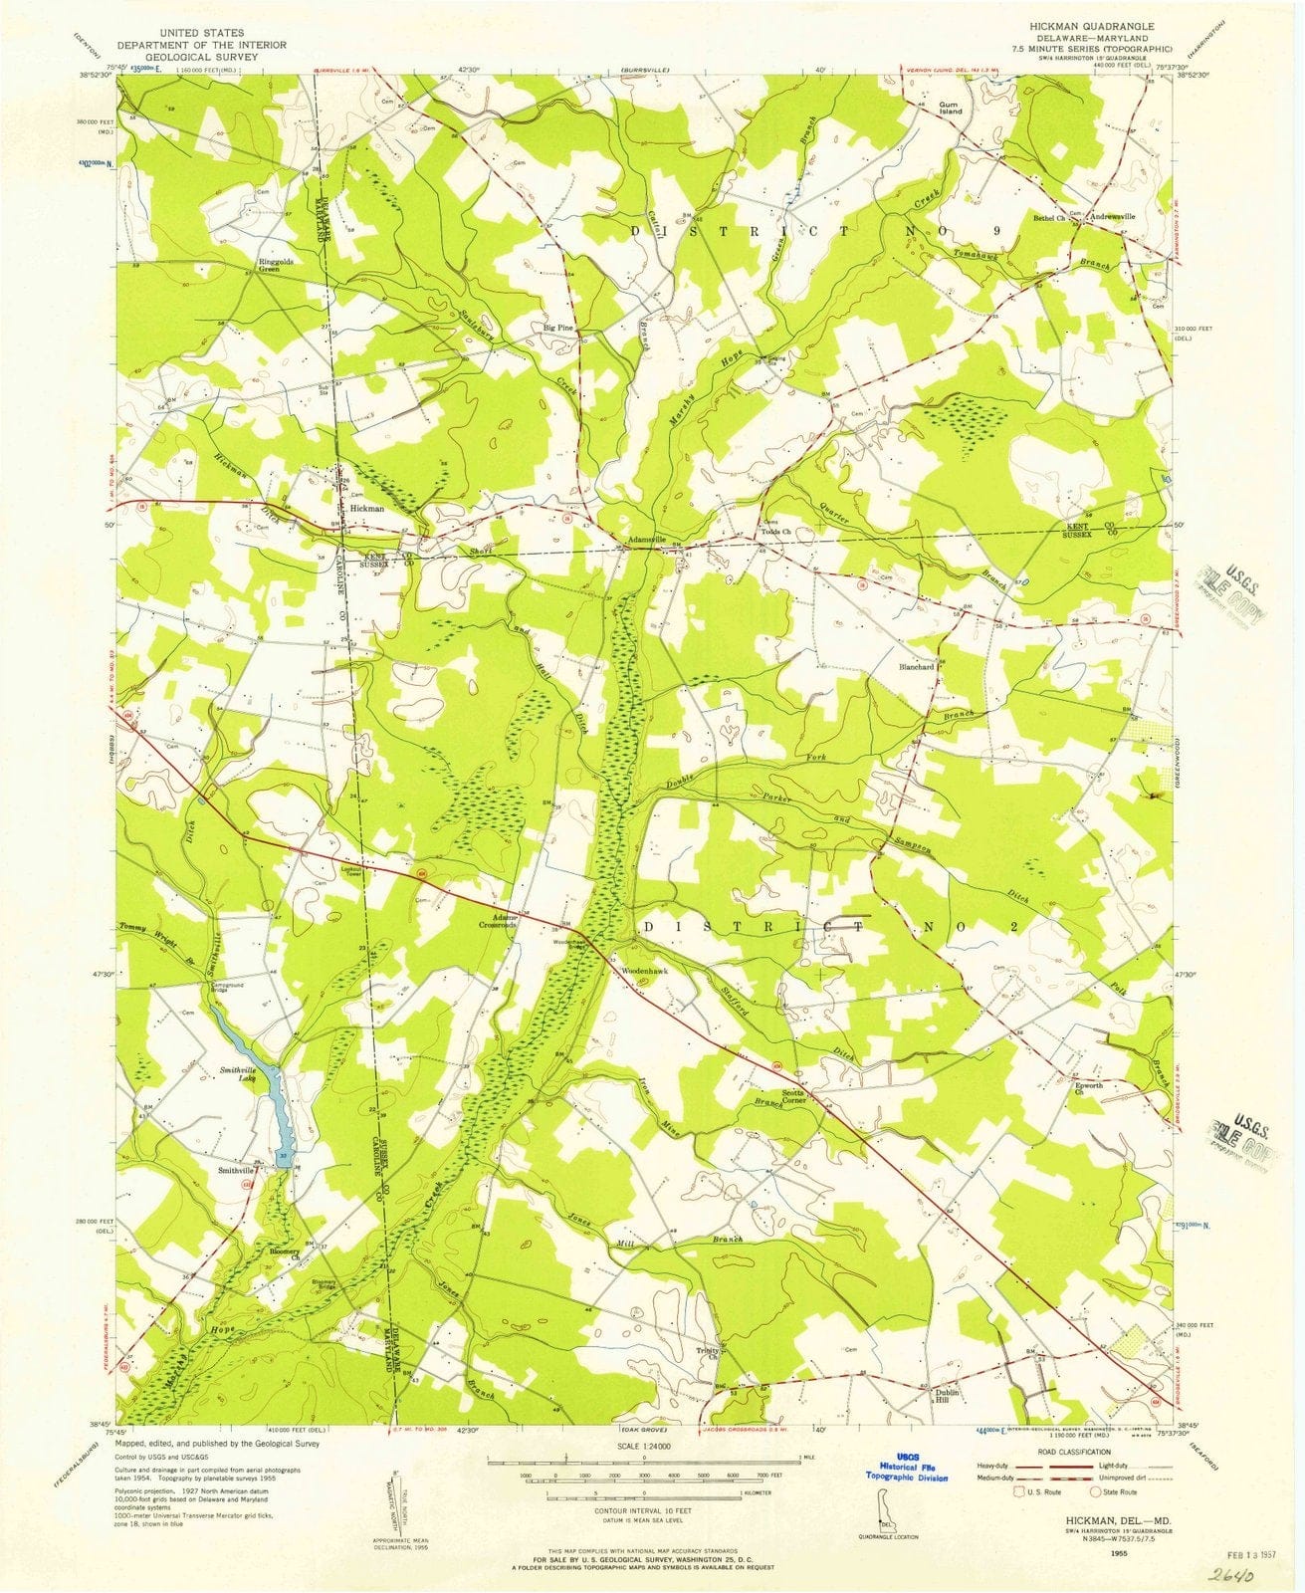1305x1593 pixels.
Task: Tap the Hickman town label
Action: [x=367, y=508]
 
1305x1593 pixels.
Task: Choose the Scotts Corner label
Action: [x=793, y=1095]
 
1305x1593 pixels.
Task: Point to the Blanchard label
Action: [x=917, y=667]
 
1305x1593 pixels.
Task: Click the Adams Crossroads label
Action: [x=501, y=920]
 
